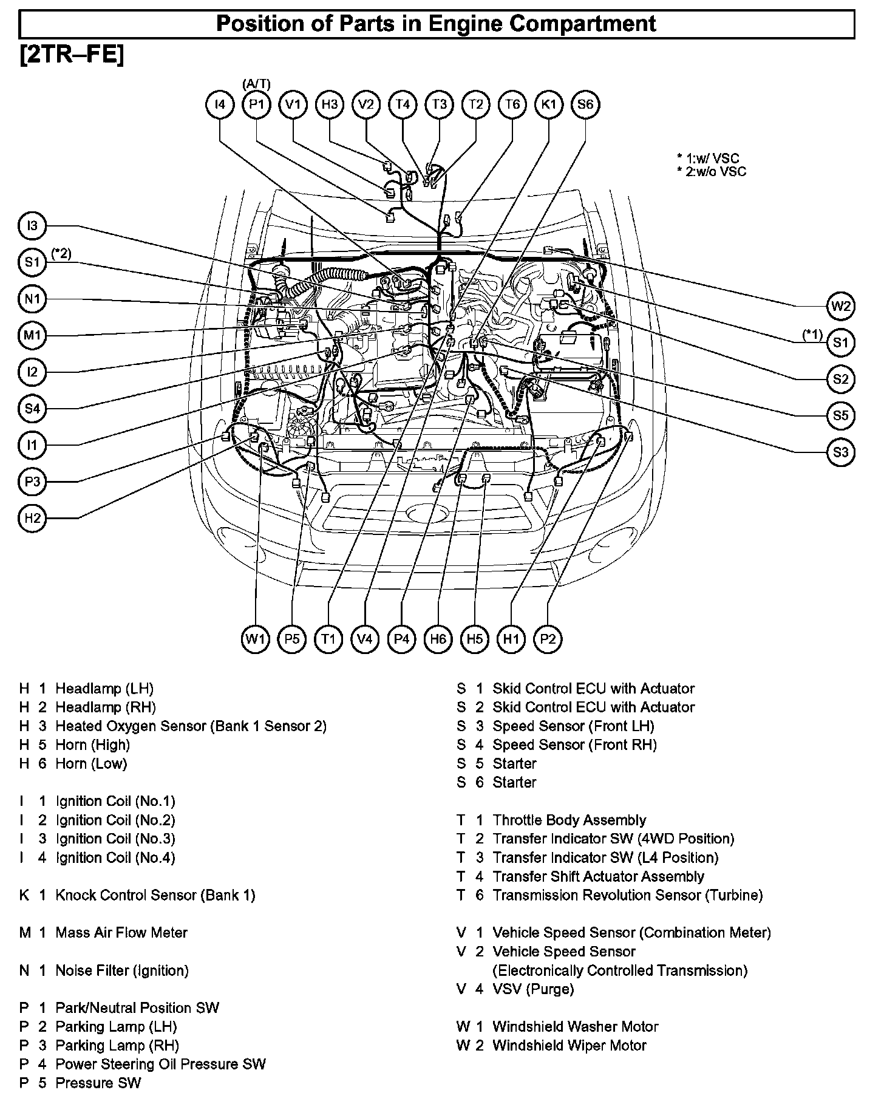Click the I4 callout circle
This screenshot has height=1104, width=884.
(x=220, y=104)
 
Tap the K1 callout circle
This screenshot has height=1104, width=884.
(x=549, y=104)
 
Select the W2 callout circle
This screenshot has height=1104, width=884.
(x=841, y=306)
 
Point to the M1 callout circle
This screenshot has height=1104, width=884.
(x=32, y=336)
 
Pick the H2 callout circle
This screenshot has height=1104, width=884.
(x=32, y=518)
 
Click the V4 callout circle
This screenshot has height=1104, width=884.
(x=365, y=639)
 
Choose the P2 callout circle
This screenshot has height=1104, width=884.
(x=548, y=639)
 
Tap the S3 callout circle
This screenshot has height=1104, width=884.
(x=841, y=452)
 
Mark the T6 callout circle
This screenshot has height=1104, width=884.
(x=512, y=104)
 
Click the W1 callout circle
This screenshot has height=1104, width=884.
(x=256, y=639)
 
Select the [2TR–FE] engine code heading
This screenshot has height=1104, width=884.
(x=72, y=55)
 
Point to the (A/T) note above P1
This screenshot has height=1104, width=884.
(x=256, y=84)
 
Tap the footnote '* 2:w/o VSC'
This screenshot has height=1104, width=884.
(x=712, y=172)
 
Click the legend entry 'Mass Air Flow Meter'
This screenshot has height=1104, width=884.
(x=121, y=932)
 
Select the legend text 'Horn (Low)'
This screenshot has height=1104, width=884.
(x=91, y=763)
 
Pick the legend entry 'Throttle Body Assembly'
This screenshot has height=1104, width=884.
(x=569, y=820)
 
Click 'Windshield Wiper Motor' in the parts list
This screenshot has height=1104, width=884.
(x=569, y=1045)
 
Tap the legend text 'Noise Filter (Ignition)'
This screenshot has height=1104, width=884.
(x=121, y=970)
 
